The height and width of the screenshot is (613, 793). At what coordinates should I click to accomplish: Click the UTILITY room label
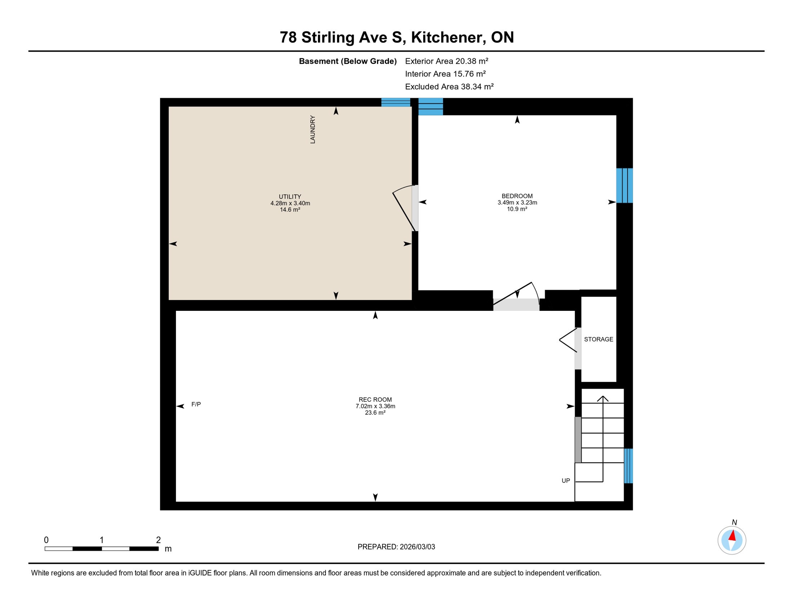point(290,197)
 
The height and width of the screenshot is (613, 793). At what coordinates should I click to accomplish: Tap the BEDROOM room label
point(517,196)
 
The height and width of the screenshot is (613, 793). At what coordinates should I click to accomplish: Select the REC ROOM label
point(375,399)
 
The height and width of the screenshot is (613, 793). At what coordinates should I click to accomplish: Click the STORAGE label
point(598,339)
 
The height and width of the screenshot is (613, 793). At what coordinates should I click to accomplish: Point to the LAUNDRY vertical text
point(313,130)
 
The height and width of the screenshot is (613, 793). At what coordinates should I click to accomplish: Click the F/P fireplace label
point(196,404)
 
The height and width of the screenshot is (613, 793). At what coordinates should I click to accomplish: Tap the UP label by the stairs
point(566,481)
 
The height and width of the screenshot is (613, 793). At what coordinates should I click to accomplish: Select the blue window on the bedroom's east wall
point(624,186)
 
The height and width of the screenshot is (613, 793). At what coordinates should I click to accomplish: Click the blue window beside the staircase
point(628,466)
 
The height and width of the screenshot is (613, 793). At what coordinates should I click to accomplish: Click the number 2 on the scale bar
point(158,540)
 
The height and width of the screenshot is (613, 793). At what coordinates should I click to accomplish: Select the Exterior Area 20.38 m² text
point(446,61)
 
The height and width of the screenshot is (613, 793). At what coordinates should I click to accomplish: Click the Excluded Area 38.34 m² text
point(449,87)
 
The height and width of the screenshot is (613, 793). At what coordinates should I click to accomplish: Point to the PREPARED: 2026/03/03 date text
point(396,547)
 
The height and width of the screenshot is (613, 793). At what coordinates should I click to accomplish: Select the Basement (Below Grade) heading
point(347,61)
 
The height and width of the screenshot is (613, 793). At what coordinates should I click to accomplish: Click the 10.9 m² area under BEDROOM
point(517,209)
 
